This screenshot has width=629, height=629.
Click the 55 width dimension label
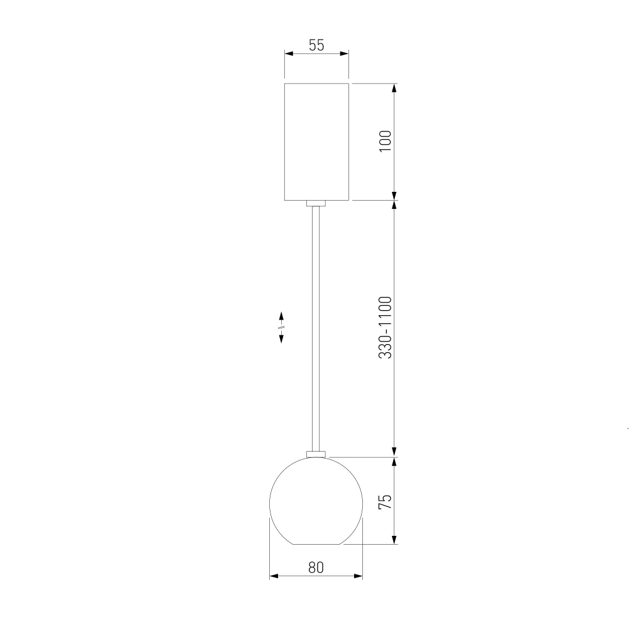[316, 45]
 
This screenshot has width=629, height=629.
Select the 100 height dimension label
[385, 141]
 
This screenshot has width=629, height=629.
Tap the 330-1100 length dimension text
[385, 327]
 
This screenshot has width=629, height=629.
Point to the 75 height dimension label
[385, 502]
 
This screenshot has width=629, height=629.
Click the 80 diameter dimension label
[316, 567]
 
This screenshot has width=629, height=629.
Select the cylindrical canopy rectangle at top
[316, 142]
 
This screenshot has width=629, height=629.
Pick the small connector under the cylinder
[316, 203]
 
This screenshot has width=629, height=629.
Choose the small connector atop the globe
[316, 454]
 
